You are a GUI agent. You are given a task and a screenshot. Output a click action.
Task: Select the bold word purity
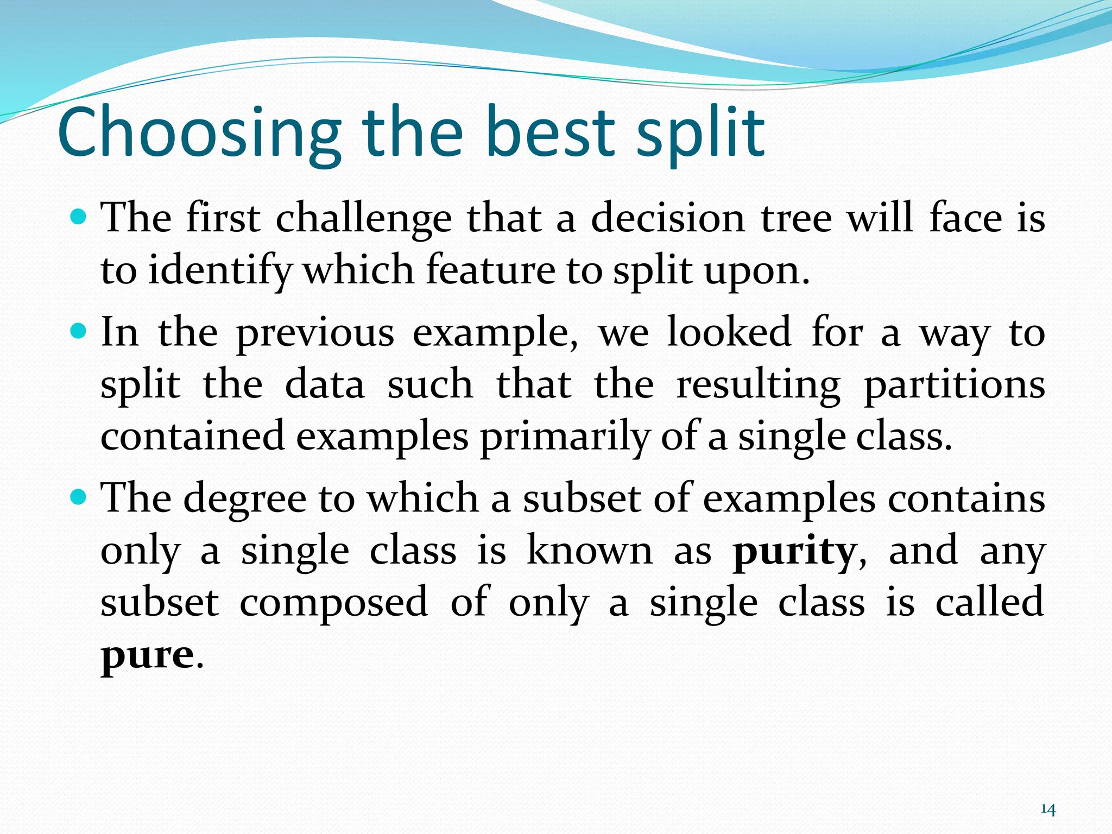coord(794,552)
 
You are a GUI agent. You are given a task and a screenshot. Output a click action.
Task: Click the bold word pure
coord(147,656)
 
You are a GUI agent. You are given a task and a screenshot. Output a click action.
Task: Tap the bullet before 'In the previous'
coord(79,331)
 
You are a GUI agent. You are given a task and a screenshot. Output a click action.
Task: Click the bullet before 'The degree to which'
coord(79,496)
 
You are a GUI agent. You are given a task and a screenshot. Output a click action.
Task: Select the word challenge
coord(363,219)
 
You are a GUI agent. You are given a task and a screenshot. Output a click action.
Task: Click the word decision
coord(668,219)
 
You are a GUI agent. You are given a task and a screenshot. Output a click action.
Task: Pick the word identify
coord(220,271)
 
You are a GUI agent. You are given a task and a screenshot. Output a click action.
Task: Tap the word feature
coord(490,270)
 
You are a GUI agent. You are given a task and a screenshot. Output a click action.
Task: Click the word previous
coord(315,332)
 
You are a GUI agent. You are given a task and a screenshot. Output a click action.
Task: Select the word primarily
coord(564,438)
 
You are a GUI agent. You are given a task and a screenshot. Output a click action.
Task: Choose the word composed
coord(333,603)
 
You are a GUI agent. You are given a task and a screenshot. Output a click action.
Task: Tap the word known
coord(590,551)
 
